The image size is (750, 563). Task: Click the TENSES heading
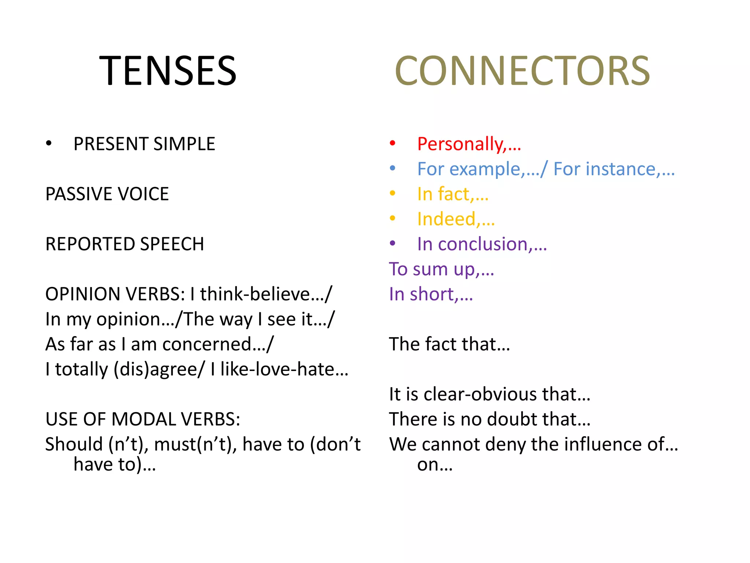(x=168, y=71)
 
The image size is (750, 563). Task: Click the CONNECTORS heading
(x=522, y=71)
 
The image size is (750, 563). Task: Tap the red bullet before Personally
(x=393, y=143)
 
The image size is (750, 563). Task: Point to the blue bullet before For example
(x=393, y=168)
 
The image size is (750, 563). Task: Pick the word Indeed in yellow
(x=446, y=219)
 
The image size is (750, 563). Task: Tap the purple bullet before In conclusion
(x=393, y=243)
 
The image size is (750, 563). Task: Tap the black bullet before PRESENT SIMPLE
(x=49, y=143)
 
